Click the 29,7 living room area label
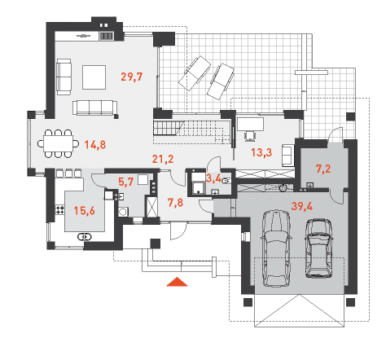pyautogui.click(x=131, y=77)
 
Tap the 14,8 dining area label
pyautogui.click(x=95, y=145)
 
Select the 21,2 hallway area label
pyautogui.click(x=163, y=159)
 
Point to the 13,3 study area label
pyautogui.click(x=261, y=152)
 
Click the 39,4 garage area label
pyautogui.click(x=302, y=206)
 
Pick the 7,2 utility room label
pyautogui.click(x=323, y=169)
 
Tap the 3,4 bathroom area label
pyautogui.click(x=213, y=178)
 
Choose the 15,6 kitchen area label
pyautogui.click(x=85, y=211)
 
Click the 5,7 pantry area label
pyautogui.click(x=126, y=182)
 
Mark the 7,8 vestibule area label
pyautogui.click(x=175, y=203)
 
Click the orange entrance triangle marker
pyautogui.click(x=177, y=282)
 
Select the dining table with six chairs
pyautogui.click(x=59, y=143)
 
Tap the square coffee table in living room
pyautogui.click(x=94, y=77)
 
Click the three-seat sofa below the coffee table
pyautogui.click(x=94, y=108)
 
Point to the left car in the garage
pyautogui.click(x=276, y=248)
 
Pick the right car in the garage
pyautogui.click(x=318, y=248)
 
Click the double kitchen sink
pyautogui.click(x=85, y=237)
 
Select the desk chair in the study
pyautogui.click(x=250, y=136)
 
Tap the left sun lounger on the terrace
pyautogui.click(x=195, y=73)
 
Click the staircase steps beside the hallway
pyautogui.click(x=166, y=128)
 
